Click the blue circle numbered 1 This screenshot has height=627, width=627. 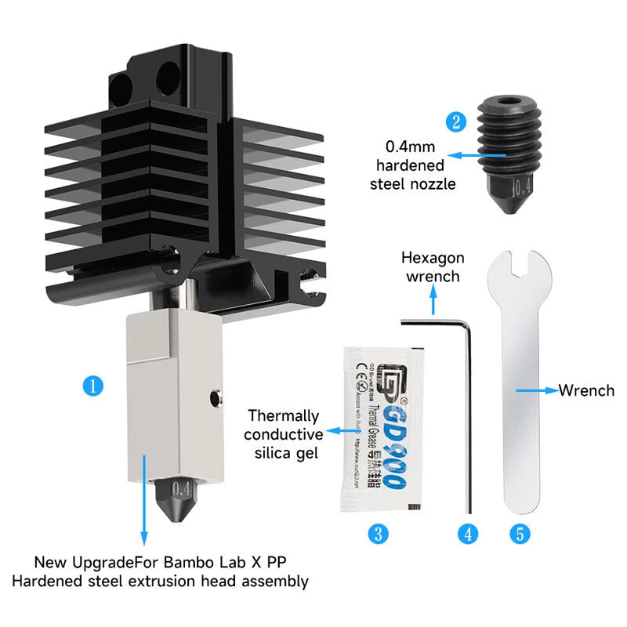click(92, 386)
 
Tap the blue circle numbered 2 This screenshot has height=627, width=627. click(456, 122)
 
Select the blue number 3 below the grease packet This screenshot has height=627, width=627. click(378, 535)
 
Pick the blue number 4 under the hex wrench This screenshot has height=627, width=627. click(468, 535)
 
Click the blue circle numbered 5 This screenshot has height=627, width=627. click(520, 535)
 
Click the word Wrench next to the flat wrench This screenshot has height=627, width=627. click(585, 390)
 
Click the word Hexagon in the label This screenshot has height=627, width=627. click(433, 258)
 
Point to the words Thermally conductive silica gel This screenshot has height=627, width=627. click(283, 434)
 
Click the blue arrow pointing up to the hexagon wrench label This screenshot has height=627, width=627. click(432, 298)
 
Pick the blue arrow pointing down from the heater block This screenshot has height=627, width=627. click(144, 502)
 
